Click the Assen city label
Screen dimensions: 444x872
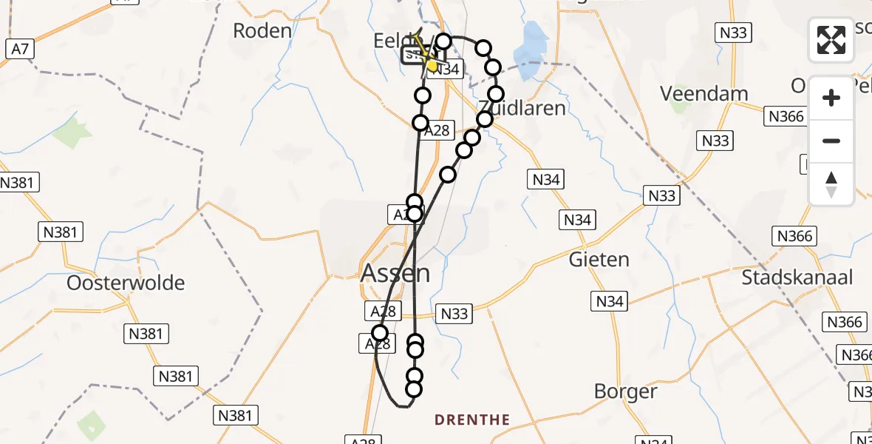[x=395, y=273]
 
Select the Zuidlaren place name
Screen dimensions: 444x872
[x=522, y=108]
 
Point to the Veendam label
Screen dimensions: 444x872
[x=694, y=94]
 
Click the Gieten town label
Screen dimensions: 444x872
[x=599, y=260]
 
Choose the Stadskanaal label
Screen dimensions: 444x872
[x=797, y=278]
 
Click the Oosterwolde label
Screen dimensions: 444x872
[x=126, y=283]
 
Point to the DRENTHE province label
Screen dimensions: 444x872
[x=472, y=420]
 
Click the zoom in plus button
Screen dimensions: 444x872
[x=831, y=98]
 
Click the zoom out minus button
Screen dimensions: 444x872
[x=831, y=141]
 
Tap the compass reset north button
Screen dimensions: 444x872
[x=831, y=184]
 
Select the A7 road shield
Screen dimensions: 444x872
[x=20, y=50]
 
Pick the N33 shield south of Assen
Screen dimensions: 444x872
[x=454, y=314]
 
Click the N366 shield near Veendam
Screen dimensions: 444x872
[x=786, y=117]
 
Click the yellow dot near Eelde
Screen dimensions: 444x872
[x=432, y=65]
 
